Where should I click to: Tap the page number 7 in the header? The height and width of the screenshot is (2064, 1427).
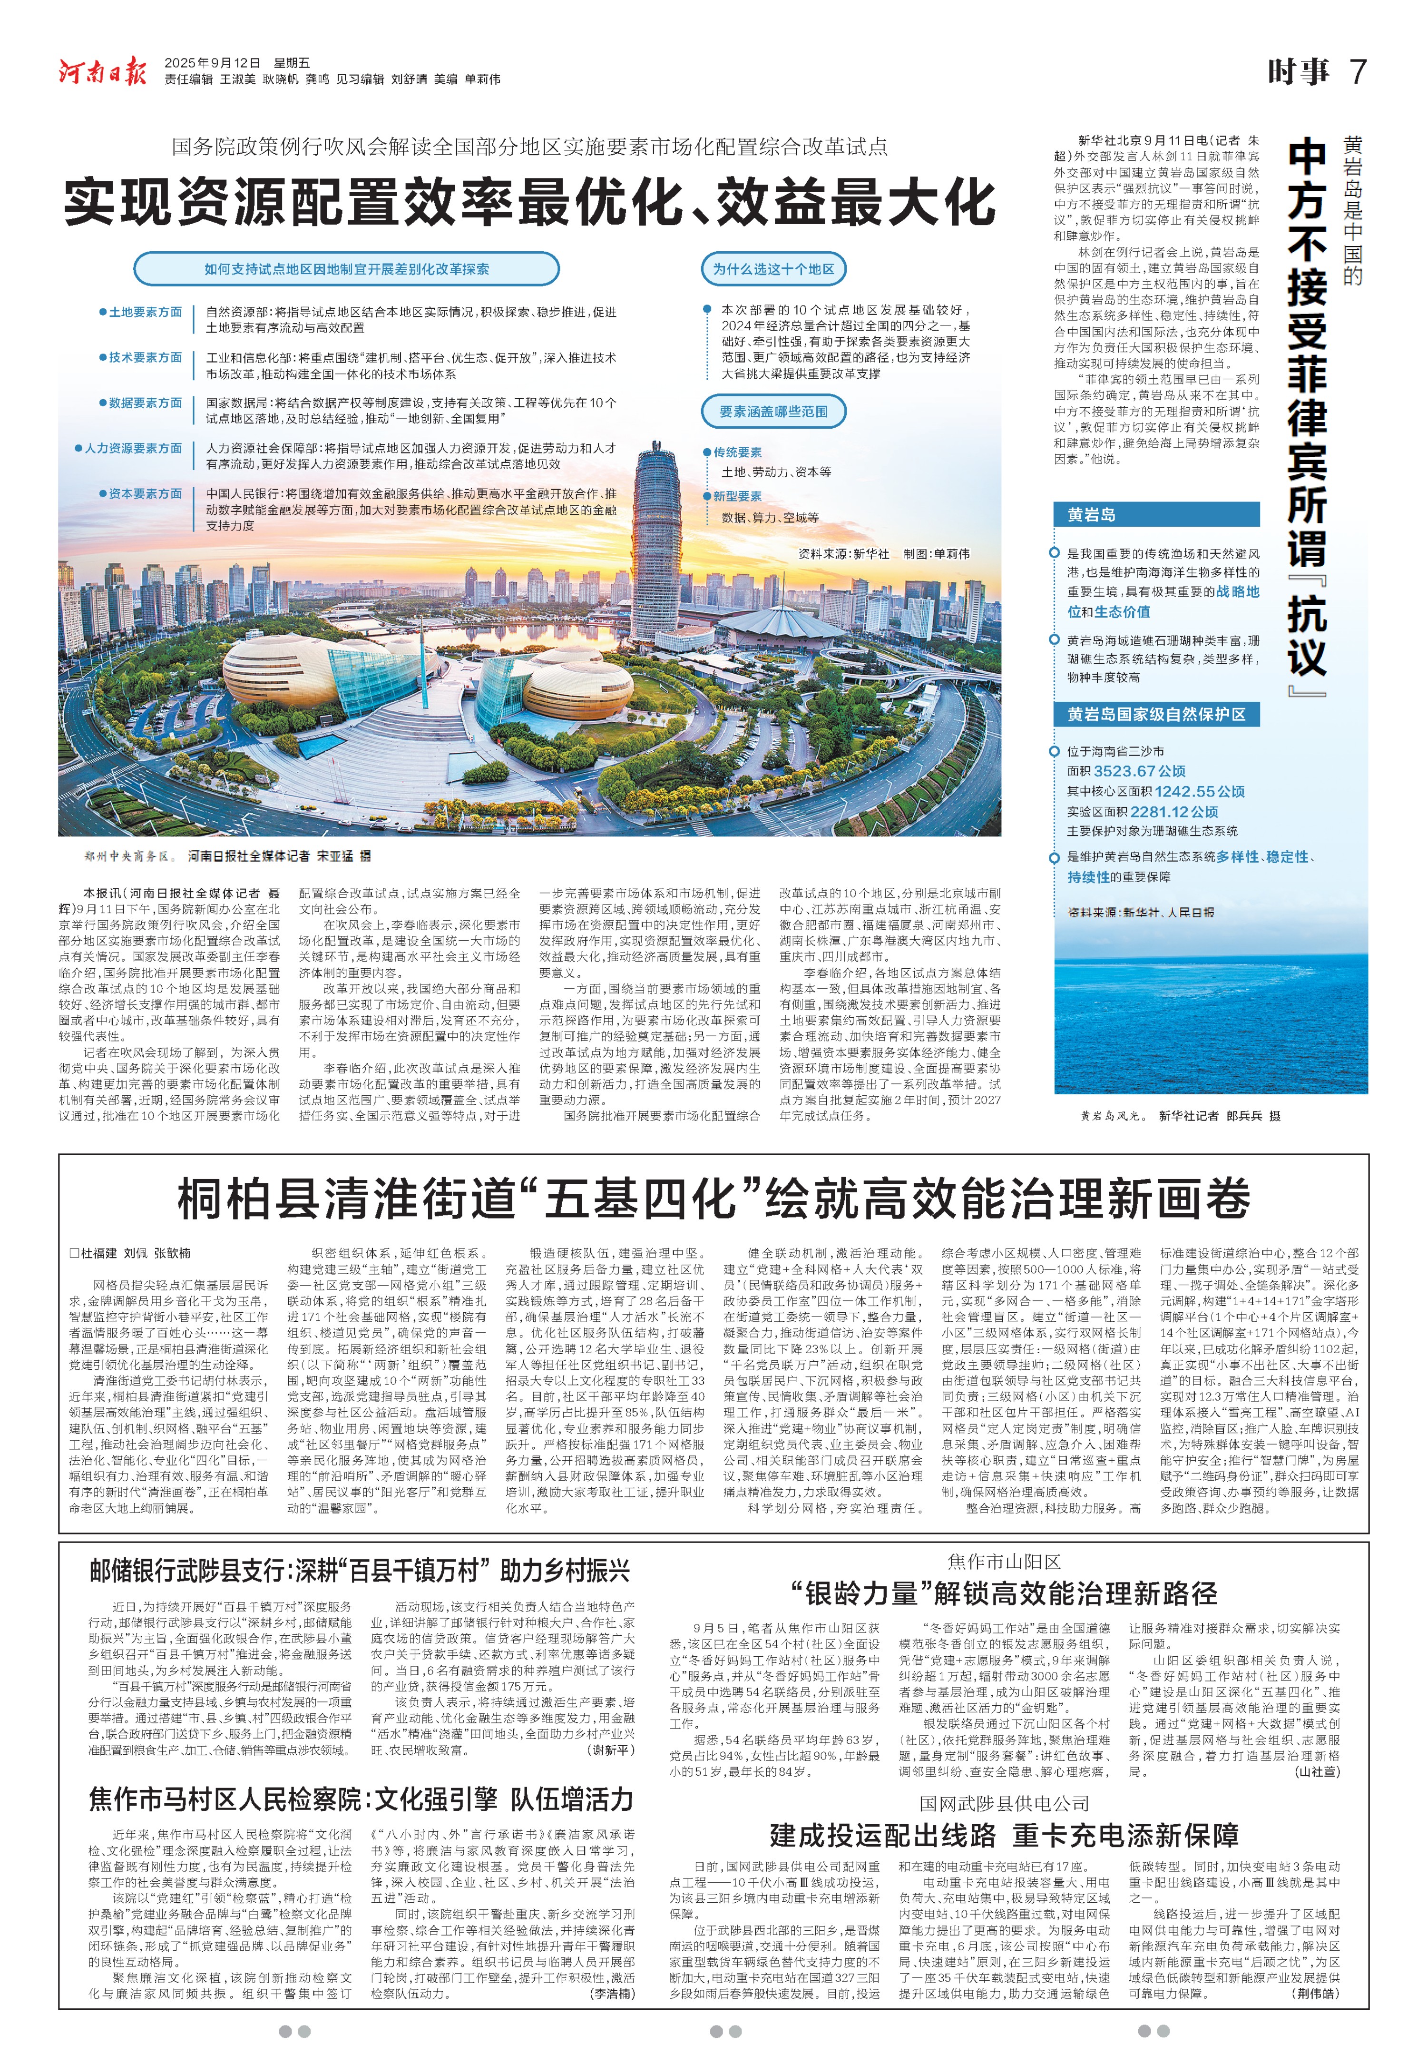[x=1357, y=71]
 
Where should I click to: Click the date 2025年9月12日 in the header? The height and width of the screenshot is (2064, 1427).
[x=213, y=63]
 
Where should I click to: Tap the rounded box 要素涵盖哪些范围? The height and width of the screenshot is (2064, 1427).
[x=773, y=412]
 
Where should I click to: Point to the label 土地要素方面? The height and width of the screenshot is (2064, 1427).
[x=145, y=312]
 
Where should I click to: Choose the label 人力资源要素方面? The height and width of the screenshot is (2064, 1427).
[x=132, y=448]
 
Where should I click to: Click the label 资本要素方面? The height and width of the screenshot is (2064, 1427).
[x=145, y=494]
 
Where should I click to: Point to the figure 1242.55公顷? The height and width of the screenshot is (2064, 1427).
[x=1199, y=791]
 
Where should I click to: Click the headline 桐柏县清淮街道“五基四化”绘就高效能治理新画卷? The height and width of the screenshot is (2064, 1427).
[x=713, y=1199]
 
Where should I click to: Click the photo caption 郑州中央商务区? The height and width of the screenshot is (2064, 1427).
[x=125, y=857]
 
